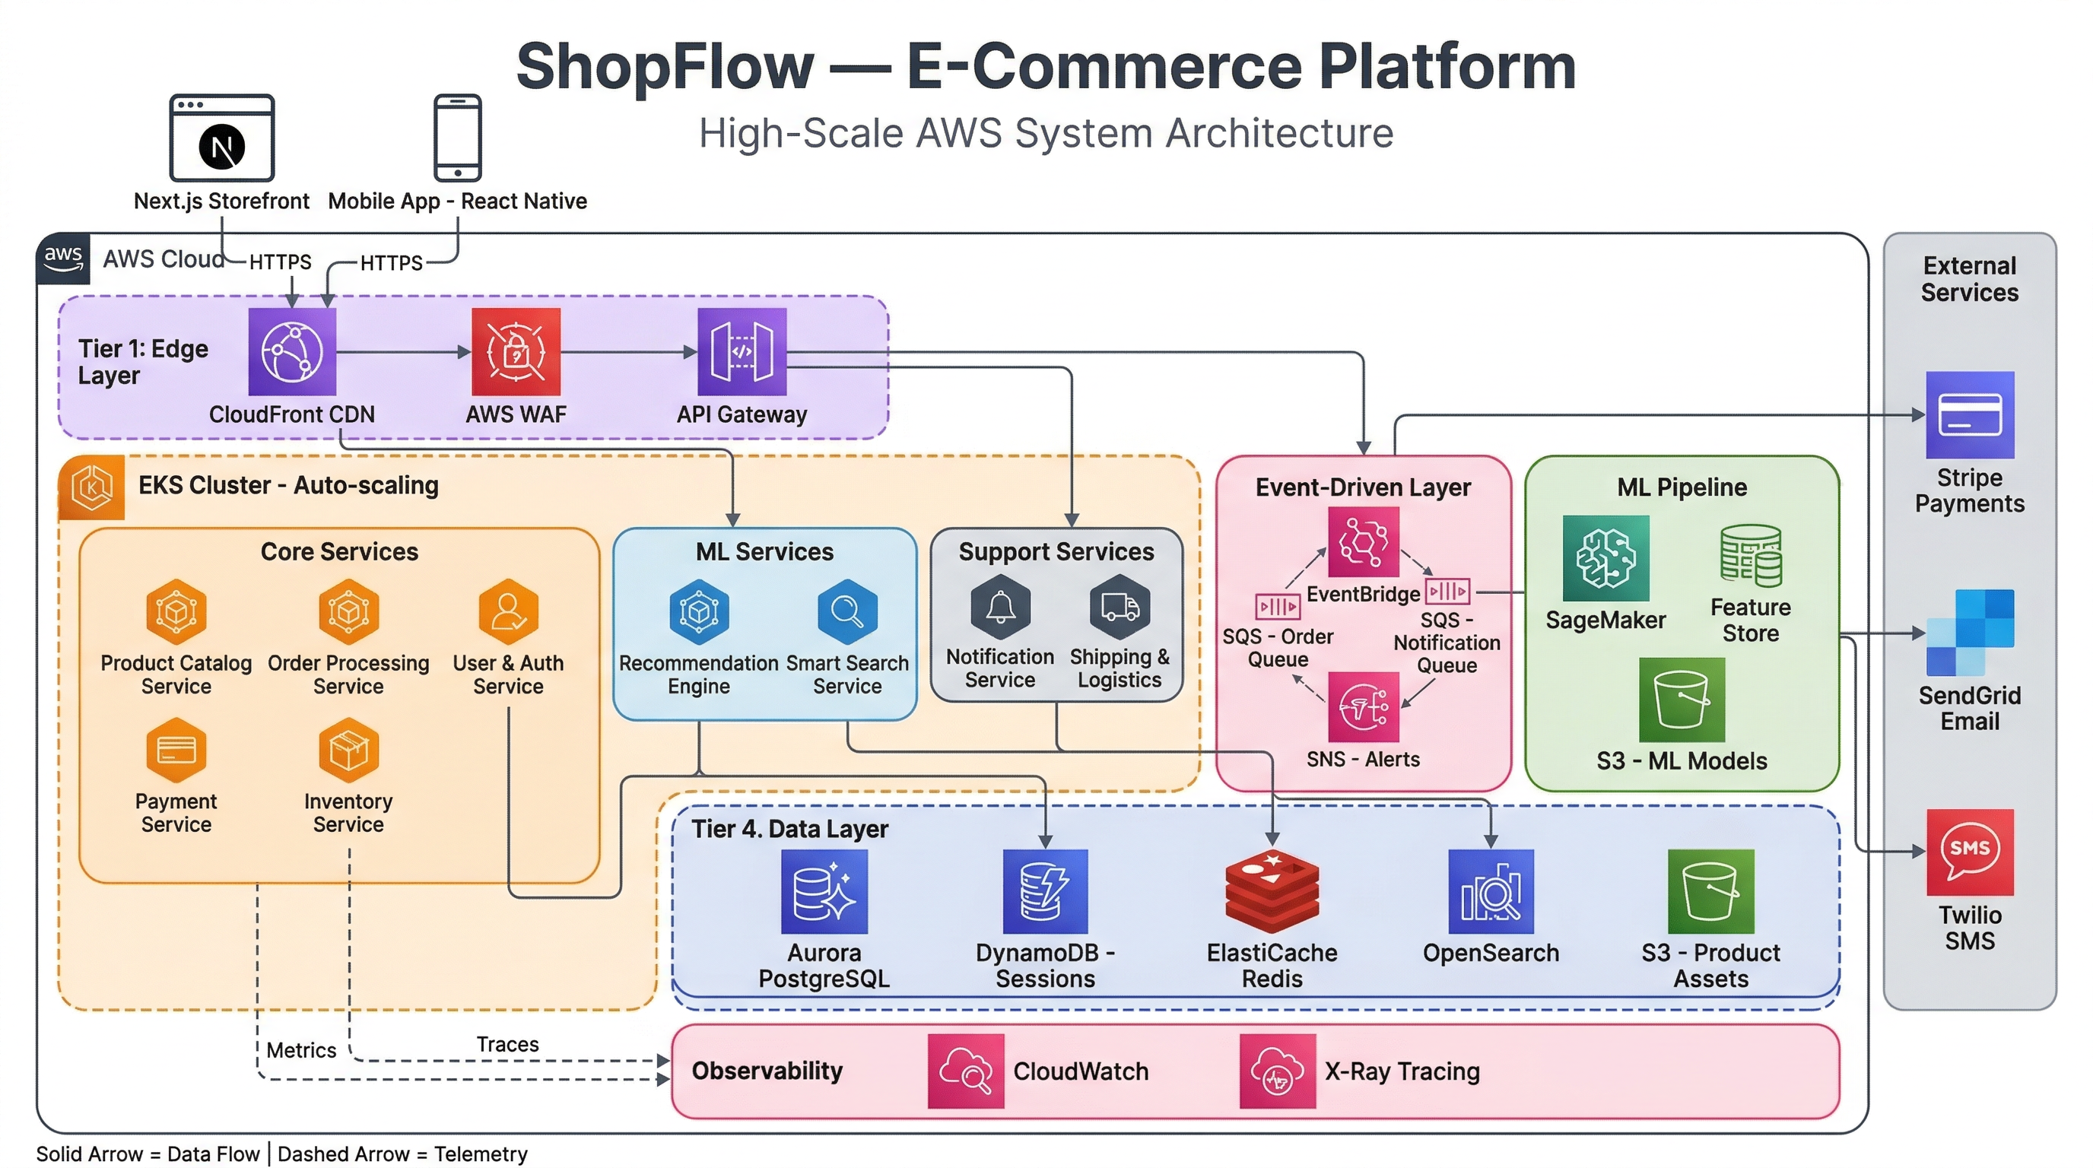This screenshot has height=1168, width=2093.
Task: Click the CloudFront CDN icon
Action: [x=292, y=352]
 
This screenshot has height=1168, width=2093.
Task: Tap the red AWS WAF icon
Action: [x=516, y=352]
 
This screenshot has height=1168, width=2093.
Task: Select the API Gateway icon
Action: [x=742, y=352]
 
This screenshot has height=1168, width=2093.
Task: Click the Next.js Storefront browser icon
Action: [x=222, y=138]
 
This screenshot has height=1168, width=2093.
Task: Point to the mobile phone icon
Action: [x=457, y=138]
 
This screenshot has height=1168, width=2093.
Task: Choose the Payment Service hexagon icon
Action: [x=176, y=748]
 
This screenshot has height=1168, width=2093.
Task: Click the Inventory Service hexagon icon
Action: [x=348, y=748]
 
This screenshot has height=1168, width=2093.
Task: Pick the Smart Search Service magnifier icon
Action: [x=846, y=610]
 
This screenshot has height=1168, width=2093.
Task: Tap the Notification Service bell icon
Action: [x=1000, y=606]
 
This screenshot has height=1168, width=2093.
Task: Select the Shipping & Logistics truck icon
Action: [x=1120, y=606]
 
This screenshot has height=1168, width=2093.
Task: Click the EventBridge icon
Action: [x=1364, y=541]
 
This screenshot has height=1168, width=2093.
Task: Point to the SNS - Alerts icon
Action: [x=1364, y=706]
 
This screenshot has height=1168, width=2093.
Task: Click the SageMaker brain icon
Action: [x=1605, y=558]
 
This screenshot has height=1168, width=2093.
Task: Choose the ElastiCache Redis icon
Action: [x=1272, y=891]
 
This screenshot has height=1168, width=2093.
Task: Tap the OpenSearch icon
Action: [x=1491, y=892]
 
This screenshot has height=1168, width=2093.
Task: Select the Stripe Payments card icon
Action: [x=1970, y=415]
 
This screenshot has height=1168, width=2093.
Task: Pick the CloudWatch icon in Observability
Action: [x=965, y=1071]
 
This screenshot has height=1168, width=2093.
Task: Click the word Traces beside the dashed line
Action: [x=507, y=1044]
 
